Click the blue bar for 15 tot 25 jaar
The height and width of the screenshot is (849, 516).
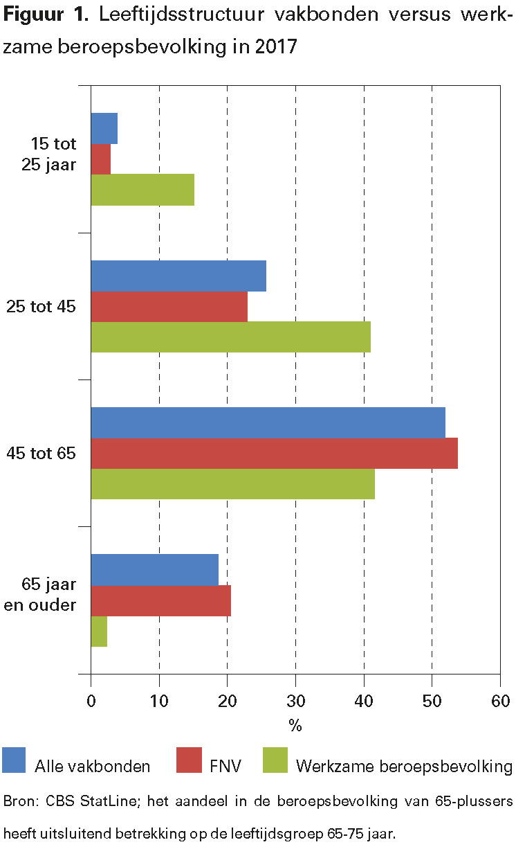pos(104,128)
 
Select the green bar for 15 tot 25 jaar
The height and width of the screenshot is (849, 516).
pos(142,190)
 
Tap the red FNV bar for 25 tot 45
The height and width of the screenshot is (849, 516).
pos(169,306)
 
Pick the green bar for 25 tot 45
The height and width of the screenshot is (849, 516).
pos(230,337)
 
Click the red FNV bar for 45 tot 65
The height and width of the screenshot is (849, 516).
pos(274,453)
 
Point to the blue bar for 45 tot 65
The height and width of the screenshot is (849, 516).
pos(268,422)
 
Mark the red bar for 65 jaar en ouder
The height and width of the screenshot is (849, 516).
pos(160,600)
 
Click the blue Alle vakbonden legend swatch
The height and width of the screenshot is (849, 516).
pos(14,760)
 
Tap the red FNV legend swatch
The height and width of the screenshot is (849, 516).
pos(190,760)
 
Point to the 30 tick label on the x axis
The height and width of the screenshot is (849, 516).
pos(295,701)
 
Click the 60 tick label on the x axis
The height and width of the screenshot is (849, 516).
pos(499,701)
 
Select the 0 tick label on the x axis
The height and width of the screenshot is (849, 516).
pos(91,701)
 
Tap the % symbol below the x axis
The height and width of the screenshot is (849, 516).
pos(295,726)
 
